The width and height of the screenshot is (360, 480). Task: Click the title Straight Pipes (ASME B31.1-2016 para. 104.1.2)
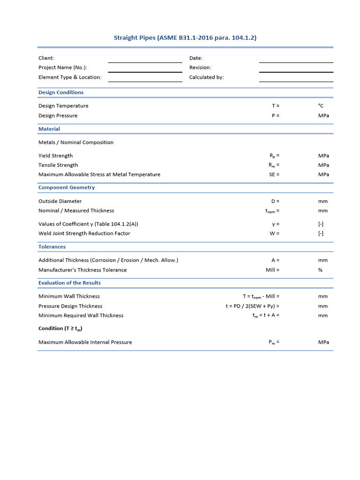point(185,37)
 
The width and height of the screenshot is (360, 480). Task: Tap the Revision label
point(200,67)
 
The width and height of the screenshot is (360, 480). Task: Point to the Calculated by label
point(206,77)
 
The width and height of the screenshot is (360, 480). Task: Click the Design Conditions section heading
point(61,92)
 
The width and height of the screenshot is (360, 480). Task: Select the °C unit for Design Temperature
point(321,106)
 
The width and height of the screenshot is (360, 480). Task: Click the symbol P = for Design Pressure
point(275,116)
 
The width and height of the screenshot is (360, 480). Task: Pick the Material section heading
point(49,129)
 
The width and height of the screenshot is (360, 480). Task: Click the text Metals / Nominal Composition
point(76,142)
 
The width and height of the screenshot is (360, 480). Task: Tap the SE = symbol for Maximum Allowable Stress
point(274,174)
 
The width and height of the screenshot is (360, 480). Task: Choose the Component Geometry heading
point(67,187)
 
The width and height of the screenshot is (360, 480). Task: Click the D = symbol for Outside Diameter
point(275,202)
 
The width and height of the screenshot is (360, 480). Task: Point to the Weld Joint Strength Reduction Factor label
point(84,233)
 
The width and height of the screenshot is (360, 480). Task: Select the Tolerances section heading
point(52,247)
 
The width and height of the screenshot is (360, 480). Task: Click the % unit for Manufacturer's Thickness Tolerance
point(321,270)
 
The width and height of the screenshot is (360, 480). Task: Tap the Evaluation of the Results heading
point(69,283)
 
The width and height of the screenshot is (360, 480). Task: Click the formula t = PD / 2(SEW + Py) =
point(252,306)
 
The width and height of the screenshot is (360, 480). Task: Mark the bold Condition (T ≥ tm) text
point(60,329)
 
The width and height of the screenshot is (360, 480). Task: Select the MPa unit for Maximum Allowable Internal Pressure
point(323,342)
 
